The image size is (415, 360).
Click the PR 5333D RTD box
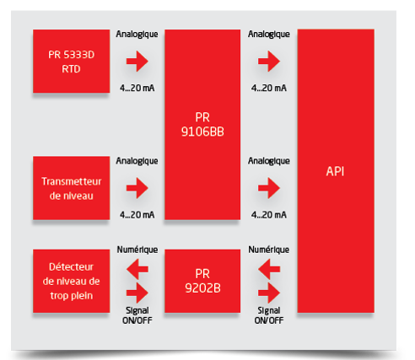(71, 61)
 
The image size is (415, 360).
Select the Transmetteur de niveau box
(71, 188)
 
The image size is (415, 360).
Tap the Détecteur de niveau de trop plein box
(71, 281)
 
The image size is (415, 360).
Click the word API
(335, 171)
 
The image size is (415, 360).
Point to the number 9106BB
(202, 132)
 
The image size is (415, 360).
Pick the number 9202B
(202, 288)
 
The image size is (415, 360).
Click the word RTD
(71, 69)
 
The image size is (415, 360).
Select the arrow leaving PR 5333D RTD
(137, 61)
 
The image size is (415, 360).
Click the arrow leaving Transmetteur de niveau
(137, 188)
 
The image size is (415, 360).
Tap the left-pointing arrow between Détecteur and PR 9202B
(137, 269)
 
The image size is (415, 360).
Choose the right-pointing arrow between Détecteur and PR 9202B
(137, 293)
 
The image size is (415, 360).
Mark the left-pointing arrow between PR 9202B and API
(269, 269)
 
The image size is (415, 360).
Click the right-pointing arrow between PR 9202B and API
(269, 293)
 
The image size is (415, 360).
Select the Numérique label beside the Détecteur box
(137, 250)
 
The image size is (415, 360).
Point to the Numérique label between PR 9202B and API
(269, 250)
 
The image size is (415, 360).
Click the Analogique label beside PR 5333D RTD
(137, 34)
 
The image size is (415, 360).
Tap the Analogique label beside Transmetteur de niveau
(137, 161)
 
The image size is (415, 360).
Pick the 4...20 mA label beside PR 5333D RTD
(137, 88)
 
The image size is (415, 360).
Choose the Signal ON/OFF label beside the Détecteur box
(137, 315)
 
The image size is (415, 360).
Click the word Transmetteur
(72, 181)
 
